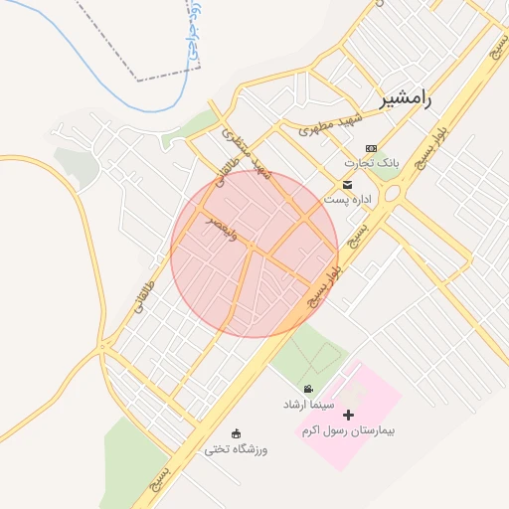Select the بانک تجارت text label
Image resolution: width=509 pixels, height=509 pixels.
coord(364,163)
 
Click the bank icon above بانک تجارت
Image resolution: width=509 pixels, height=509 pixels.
coord(372,147)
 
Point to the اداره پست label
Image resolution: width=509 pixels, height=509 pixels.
coord(347,200)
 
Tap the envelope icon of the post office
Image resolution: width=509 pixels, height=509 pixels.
coord(347,185)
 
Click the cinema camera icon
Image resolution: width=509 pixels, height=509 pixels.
coord(309,389)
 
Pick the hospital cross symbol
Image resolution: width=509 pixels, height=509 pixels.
coord(348,415)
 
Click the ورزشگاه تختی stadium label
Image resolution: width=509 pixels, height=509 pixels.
coord(236,449)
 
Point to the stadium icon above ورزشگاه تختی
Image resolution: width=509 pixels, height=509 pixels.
coord(236,432)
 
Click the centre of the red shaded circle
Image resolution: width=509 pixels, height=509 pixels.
coord(254,254)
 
